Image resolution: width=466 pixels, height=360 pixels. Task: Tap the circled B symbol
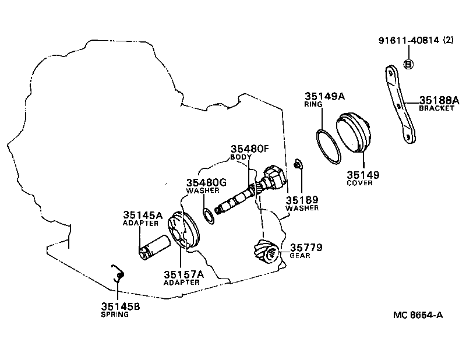408,65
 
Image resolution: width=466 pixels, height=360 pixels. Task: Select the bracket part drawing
401,105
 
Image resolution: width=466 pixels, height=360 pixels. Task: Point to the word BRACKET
436,108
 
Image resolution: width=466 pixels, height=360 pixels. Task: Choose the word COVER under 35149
359,183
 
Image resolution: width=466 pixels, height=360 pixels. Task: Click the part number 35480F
249,149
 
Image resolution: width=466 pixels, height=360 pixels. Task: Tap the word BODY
241,157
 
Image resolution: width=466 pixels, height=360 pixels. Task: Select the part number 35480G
206,182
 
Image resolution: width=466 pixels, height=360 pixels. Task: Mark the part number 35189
302,199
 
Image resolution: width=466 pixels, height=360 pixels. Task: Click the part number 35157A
183,274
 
